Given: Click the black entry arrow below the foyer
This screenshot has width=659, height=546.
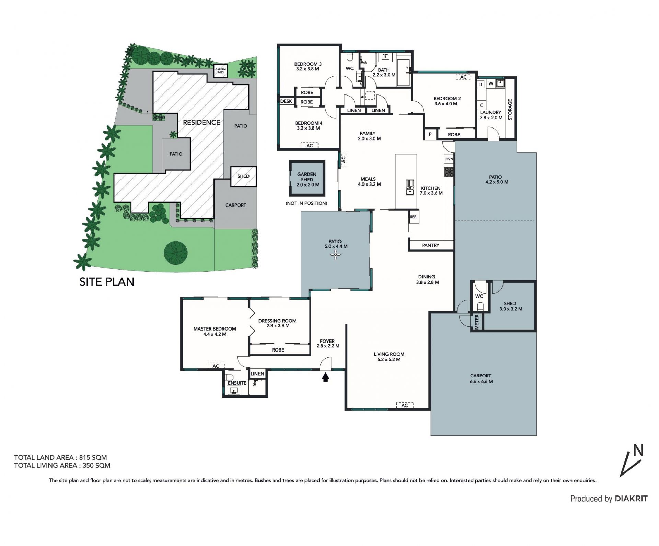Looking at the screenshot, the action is [x=325, y=378].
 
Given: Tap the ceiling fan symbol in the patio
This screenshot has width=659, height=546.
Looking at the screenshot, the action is [x=335, y=255].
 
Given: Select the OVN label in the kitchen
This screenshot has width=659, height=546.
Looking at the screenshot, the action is [x=449, y=159].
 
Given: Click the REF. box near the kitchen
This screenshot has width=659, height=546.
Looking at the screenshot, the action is [x=413, y=217].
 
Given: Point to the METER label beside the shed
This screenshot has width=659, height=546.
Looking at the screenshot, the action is [x=477, y=322].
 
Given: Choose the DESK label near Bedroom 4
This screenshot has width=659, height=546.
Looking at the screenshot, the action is [x=286, y=101].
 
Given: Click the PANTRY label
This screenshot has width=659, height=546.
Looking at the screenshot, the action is [x=430, y=245].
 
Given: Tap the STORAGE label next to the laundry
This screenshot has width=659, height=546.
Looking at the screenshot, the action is [x=510, y=109].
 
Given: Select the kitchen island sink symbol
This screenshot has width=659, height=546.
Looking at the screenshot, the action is [x=410, y=188].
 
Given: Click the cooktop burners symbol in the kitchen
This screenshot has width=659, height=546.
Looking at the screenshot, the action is [x=449, y=171].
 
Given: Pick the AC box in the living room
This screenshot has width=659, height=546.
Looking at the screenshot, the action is [x=405, y=405].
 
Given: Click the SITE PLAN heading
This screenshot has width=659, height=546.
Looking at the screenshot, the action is [x=107, y=282].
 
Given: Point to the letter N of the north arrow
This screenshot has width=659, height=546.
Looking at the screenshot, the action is [x=638, y=450].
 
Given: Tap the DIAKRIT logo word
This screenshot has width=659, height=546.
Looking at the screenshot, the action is [x=631, y=499].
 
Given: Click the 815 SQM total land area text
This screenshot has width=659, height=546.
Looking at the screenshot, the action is [x=93, y=457].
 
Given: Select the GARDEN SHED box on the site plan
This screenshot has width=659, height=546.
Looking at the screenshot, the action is [x=220, y=71].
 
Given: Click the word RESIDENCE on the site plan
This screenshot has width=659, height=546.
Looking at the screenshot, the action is [x=201, y=122].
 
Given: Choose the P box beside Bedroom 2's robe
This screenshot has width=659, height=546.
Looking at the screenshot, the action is [x=430, y=134].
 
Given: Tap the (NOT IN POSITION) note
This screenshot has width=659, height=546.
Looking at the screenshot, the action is [x=307, y=203].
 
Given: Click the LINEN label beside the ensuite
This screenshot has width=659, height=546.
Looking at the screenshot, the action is [x=257, y=374].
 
